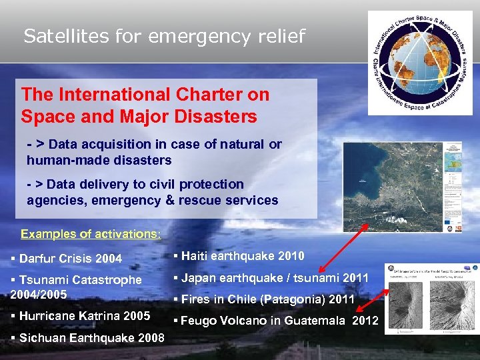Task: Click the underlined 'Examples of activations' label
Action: coord(91,234)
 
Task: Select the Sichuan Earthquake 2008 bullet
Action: coord(87,337)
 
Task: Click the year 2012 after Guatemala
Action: coord(365,321)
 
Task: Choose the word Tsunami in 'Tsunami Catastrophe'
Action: coord(44,280)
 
